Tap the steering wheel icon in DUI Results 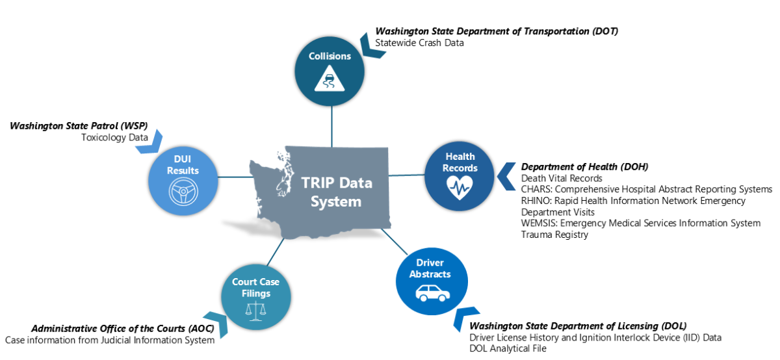pyautogui.click(x=183, y=192)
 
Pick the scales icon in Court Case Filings pyautogui.click(x=251, y=311)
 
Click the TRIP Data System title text pyautogui.click(x=336, y=192)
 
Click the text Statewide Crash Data pyautogui.click(x=419, y=43)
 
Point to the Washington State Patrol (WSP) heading pyautogui.click(x=79, y=125)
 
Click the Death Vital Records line pyautogui.click(x=562, y=178)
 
